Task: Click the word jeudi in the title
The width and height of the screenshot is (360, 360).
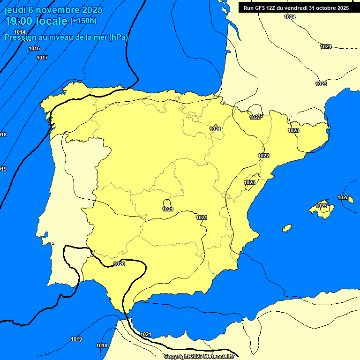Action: point(15,10)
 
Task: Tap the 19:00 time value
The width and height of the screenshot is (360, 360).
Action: point(19,21)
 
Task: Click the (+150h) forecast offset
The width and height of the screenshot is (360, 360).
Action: point(83,21)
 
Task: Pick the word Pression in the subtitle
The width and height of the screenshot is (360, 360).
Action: point(19,37)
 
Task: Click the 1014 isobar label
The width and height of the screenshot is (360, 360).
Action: point(20,32)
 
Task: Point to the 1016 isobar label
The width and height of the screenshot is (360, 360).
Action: point(34,48)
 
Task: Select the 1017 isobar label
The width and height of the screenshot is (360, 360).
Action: point(42,58)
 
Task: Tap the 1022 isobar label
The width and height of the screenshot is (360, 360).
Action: point(263,156)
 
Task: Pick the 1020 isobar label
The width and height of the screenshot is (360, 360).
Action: point(119,264)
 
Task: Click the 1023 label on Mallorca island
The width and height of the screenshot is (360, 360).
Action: point(322,206)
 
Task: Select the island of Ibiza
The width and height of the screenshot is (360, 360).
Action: point(287,228)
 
